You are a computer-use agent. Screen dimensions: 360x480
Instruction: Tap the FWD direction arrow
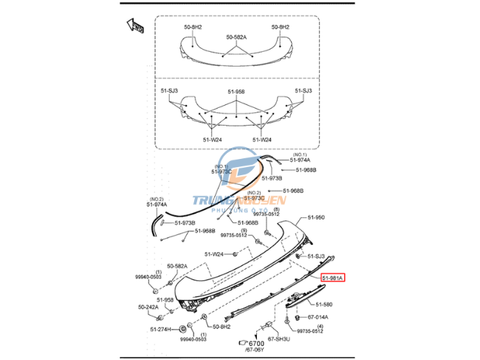tap(135, 27)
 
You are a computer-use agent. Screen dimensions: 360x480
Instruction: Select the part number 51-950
tap(315, 218)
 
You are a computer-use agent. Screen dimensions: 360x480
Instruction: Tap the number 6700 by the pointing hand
tap(256, 344)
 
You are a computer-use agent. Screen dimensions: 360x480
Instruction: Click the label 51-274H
tap(160, 329)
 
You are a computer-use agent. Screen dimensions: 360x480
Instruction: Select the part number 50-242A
tap(148, 307)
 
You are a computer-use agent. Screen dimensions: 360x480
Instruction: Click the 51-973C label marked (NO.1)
tap(222, 171)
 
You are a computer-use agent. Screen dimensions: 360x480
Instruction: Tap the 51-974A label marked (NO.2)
tap(157, 204)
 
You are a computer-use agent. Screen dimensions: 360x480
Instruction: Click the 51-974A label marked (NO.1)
tap(300, 160)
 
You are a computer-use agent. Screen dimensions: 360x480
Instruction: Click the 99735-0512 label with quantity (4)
tap(310, 331)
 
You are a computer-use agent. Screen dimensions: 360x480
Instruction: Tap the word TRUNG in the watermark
tap(211, 200)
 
